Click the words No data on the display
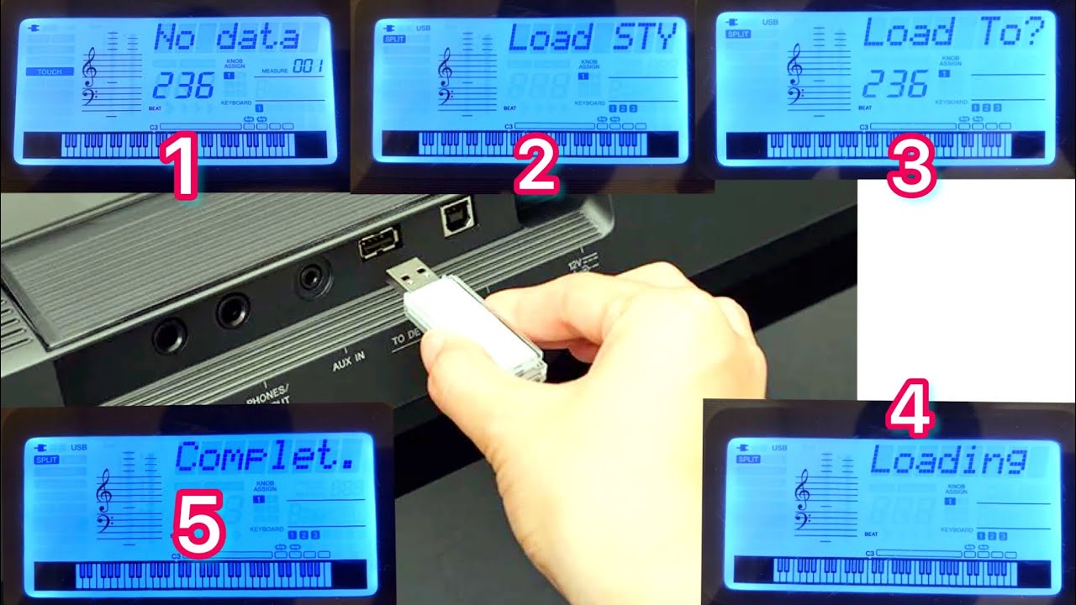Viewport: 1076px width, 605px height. pyautogui.click(x=227, y=38)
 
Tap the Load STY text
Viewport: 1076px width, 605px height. pyautogui.click(x=592, y=38)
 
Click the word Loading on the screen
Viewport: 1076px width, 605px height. pyautogui.click(x=947, y=460)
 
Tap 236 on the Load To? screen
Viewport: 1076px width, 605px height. pyautogui.click(x=895, y=84)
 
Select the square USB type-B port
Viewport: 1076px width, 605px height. pyautogui.click(x=456, y=221)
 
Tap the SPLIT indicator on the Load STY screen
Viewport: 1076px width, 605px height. pyautogui.click(x=393, y=39)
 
